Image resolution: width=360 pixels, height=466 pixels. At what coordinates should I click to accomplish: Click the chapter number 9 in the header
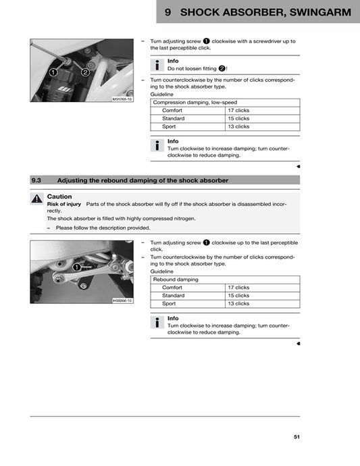pos(167,12)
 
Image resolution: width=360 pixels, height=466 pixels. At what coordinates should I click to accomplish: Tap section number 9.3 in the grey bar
pos(37,180)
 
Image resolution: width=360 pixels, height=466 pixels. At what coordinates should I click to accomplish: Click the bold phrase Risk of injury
pos(64,204)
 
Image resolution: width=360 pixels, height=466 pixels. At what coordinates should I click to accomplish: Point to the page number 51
pos(297,437)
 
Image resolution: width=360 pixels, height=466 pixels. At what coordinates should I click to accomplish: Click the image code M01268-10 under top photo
pos(122,99)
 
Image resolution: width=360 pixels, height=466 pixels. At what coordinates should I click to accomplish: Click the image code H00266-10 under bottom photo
pos(122,300)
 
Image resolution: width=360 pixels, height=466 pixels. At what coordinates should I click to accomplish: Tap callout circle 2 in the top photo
pos(85,72)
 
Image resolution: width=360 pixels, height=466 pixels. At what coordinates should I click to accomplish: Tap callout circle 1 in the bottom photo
pos(76,267)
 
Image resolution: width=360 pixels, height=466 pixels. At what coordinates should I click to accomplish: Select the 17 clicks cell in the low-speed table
pos(238,110)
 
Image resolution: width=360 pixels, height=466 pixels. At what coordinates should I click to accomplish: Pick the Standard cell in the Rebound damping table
pos(174,296)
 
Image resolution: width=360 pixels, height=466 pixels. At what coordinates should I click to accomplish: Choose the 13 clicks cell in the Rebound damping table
pos(238,304)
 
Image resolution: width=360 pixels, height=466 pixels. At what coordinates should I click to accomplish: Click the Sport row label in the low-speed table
pos(168,126)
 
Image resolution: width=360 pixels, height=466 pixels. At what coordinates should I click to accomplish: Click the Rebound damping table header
pos(176,279)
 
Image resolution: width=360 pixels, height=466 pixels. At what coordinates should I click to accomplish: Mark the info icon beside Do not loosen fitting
pos(157,65)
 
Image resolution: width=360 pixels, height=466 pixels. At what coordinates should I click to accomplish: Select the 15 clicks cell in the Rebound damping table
pos(238,296)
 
